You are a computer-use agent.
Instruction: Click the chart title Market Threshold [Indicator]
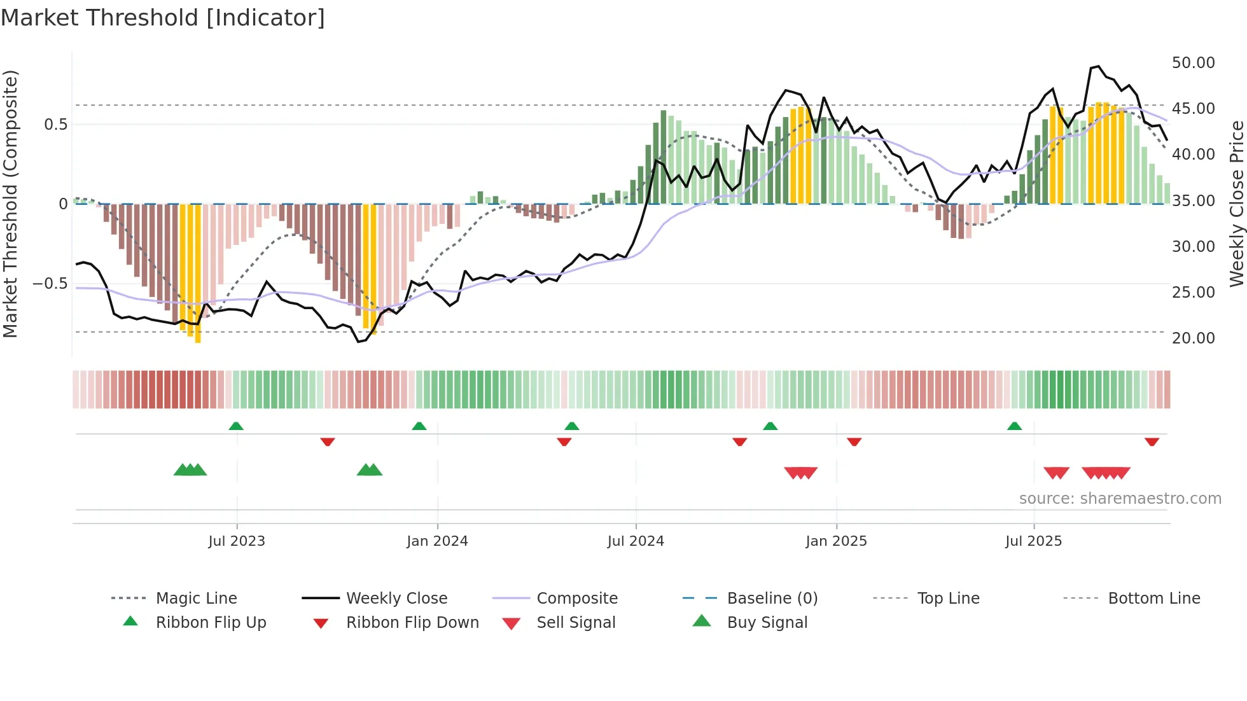163,18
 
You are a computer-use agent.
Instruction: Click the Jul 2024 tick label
636,541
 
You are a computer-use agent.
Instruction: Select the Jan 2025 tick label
836,541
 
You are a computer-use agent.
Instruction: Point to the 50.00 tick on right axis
1193,63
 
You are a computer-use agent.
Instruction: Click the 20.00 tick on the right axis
1193,338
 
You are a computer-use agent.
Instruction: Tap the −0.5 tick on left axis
50,284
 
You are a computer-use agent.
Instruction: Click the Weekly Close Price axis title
1236,204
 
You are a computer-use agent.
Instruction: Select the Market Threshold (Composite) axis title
10,204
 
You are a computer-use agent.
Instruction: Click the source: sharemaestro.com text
1120,499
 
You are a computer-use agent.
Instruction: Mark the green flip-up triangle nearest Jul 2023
236,426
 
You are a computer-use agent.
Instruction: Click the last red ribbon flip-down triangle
1152,441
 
